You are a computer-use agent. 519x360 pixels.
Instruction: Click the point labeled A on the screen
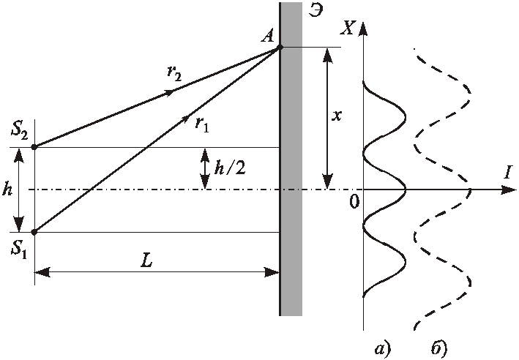[x=280, y=48]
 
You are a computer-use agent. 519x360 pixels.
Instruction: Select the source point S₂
[x=34, y=146]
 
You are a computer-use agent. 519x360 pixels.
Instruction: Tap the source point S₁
[x=34, y=232]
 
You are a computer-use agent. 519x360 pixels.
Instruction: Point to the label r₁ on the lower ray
[x=202, y=124]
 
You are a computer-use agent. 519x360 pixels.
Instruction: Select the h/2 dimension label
[x=230, y=168]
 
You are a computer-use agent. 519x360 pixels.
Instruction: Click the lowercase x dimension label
[x=336, y=116]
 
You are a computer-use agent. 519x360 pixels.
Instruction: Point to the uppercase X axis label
[x=348, y=29]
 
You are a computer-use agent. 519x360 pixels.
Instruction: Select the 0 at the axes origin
[x=354, y=201]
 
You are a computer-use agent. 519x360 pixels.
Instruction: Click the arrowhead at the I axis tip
[x=509, y=190]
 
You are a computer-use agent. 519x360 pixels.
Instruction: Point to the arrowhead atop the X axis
[x=363, y=29]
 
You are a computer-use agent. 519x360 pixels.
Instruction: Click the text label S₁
[x=18, y=248]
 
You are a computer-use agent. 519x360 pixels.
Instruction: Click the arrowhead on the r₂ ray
[x=168, y=93]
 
